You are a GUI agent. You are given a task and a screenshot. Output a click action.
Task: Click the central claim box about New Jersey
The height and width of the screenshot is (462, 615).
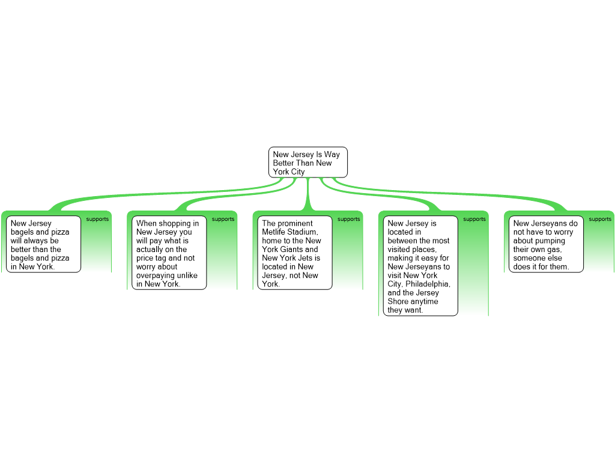tap(307, 162)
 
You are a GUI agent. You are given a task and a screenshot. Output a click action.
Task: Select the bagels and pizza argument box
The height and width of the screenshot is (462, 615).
tap(44, 244)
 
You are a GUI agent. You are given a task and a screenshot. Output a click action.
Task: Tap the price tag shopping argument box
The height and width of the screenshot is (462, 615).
tap(169, 253)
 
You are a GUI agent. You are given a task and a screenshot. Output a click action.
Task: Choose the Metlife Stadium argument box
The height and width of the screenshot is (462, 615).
tap(294, 253)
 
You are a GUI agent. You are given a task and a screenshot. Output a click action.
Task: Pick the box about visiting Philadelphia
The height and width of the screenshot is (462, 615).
tap(420, 266)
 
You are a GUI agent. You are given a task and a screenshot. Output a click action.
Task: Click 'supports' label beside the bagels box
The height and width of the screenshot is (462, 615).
tap(97, 220)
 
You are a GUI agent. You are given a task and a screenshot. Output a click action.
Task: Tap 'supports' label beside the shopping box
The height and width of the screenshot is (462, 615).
tap(223, 220)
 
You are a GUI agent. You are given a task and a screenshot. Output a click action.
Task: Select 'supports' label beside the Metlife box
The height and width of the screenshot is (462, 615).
tap(348, 220)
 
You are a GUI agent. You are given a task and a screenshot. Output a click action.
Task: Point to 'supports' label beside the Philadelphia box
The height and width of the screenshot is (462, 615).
tap(474, 220)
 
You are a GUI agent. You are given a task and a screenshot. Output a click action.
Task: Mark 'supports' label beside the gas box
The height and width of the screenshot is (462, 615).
tap(599, 220)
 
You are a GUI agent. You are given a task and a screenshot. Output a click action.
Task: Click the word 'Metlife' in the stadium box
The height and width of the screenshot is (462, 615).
tap(274, 232)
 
